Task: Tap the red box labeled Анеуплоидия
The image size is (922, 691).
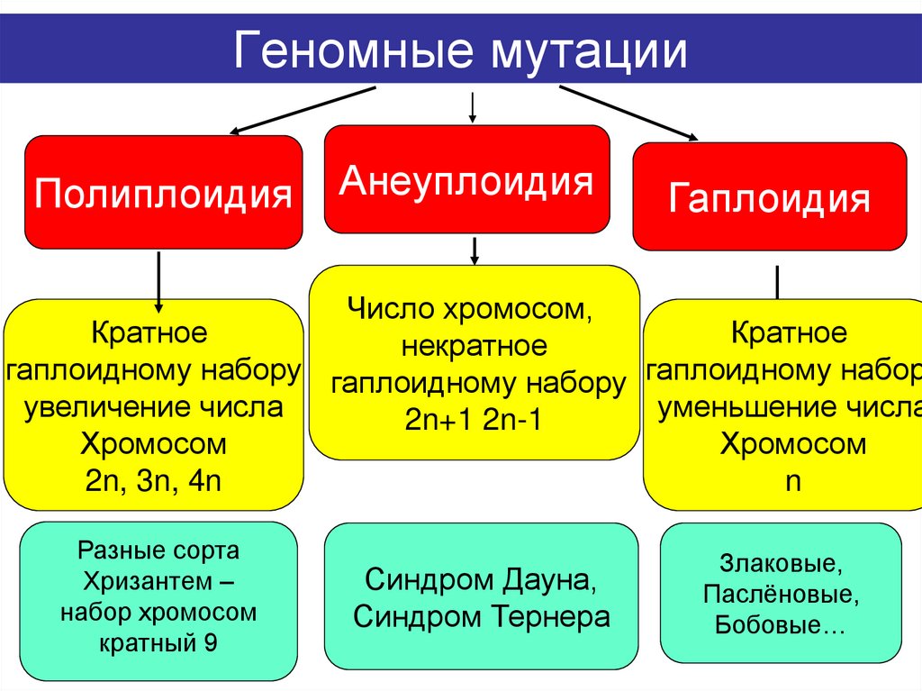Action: pos(466,181)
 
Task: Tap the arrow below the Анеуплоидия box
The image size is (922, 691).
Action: pos(473,250)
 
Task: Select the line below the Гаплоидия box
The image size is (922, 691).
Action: pos(776,281)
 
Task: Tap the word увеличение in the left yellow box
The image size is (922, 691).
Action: pos(107,407)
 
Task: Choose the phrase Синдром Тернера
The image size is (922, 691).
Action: pos(481,616)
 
